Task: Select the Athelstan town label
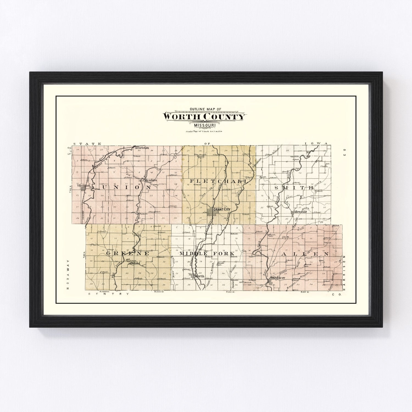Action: point(141,148)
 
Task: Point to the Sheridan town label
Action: point(82,186)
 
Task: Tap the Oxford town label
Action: point(135,263)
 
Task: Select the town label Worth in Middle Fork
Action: point(199,276)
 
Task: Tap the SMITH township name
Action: point(294,188)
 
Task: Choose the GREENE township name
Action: point(128,253)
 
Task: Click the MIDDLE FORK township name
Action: point(207,253)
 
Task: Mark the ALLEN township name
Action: point(305,254)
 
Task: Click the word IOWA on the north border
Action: point(317,144)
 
